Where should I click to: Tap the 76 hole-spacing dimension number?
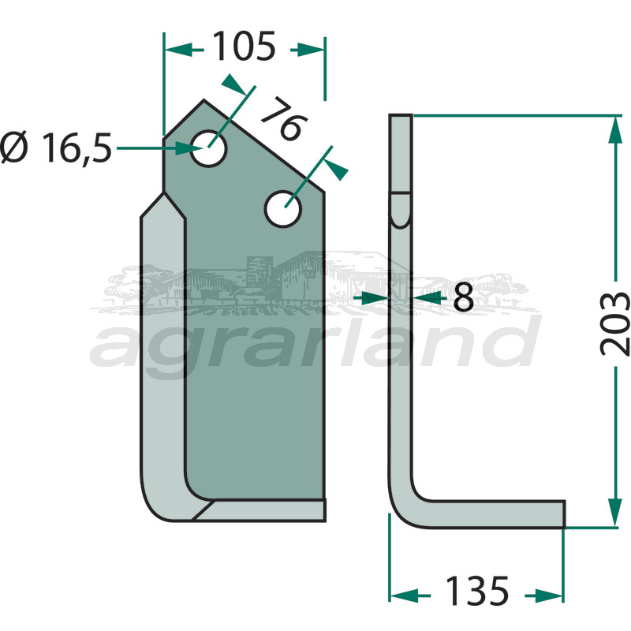pos(285,119)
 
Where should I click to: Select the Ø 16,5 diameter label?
pos(56,147)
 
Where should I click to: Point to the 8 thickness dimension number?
pos(463,297)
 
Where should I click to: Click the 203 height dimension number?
pos(614,324)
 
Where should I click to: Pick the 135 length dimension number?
pos(477,591)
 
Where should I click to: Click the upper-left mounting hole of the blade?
pos(208,148)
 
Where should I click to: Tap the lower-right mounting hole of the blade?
pos(283,209)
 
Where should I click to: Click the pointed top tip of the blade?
pos(203,99)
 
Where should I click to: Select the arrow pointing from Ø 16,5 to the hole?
pos(160,148)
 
